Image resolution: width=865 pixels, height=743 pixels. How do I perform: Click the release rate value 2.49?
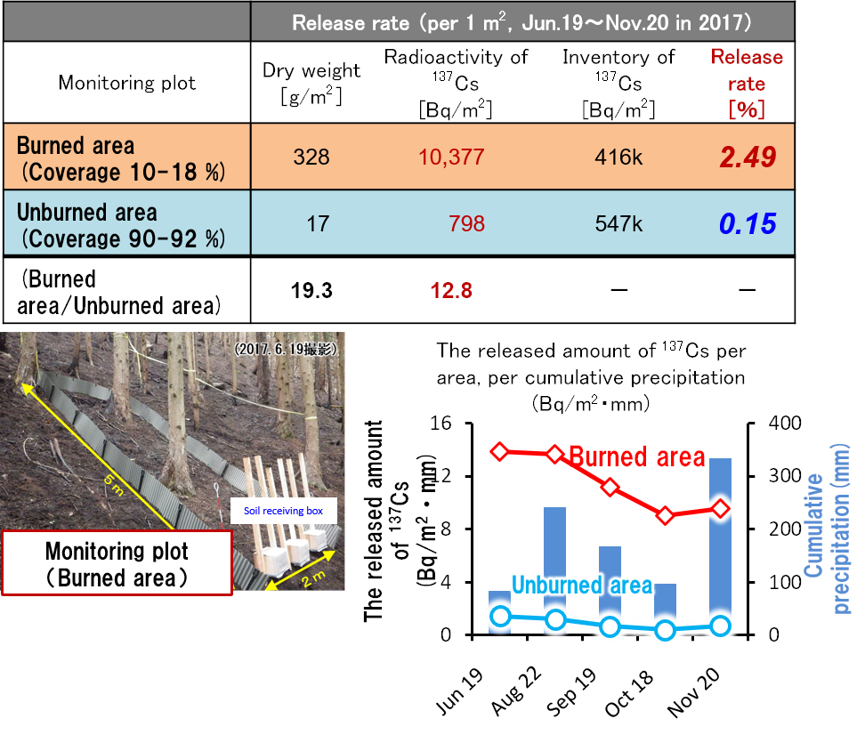pos(748,158)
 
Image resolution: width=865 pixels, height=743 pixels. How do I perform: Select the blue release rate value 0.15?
pos(748,223)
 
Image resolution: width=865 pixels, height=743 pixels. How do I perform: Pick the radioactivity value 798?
pos(467,223)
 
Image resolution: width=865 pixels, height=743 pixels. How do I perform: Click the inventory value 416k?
pos(618,158)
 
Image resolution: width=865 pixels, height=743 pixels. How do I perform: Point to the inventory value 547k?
pos(618,223)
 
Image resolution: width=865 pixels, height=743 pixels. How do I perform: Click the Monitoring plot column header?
pos(127,84)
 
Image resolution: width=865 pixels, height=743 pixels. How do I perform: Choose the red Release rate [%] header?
pos(747,84)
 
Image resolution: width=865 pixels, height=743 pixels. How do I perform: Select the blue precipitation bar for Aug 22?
pos(555,569)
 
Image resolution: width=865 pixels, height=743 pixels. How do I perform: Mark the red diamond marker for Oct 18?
pos(665,516)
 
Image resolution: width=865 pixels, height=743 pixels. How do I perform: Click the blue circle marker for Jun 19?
pos(500,616)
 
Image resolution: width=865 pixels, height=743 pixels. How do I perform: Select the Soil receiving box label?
pos(283,511)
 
